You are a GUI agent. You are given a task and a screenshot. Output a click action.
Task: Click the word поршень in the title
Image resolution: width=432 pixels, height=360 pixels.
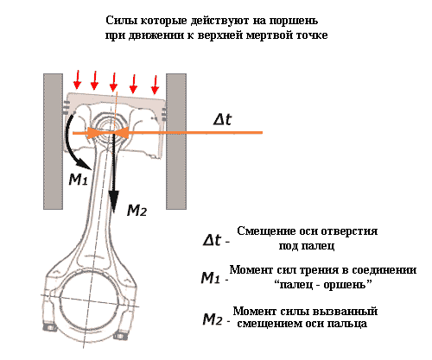click(x=294, y=22)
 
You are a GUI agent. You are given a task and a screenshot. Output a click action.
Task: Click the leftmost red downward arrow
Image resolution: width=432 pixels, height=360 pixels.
click(x=77, y=80)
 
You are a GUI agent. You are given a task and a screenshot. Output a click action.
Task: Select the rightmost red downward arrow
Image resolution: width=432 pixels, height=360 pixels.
click(x=156, y=85)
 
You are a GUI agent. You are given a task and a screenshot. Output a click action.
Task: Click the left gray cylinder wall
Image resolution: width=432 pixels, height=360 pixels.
click(x=53, y=142)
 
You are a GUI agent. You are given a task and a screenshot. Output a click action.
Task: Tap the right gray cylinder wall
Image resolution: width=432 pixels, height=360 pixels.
click(x=176, y=142)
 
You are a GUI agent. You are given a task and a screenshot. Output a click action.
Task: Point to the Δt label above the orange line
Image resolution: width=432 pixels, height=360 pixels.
click(x=222, y=119)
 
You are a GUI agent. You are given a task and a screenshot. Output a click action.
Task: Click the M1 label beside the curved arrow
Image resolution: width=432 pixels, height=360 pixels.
click(x=78, y=180)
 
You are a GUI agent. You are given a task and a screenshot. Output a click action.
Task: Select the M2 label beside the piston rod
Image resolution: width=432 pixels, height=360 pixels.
click(x=137, y=211)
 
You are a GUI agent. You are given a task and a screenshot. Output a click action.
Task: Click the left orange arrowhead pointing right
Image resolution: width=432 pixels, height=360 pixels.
click(x=94, y=133)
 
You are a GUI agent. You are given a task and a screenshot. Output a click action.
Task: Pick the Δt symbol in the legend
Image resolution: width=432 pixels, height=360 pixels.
click(x=213, y=240)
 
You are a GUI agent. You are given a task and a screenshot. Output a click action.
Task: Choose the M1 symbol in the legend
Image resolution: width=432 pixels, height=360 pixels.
click(x=212, y=278)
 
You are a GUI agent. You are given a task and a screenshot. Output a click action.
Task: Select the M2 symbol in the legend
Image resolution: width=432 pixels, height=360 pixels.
click(x=213, y=319)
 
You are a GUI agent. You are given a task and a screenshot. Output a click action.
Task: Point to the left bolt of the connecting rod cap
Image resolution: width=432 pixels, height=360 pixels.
click(x=48, y=327)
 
